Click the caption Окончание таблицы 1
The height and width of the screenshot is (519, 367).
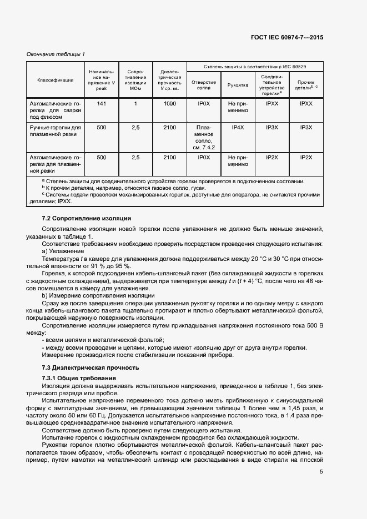[x=56, y=54]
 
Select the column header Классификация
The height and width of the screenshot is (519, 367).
[x=56, y=80]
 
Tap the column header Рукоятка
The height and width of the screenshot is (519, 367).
[x=238, y=84]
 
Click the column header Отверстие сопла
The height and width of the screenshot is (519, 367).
[x=204, y=84]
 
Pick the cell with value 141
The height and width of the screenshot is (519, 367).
[x=101, y=104]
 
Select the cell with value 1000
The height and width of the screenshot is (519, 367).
[x=169, y=104]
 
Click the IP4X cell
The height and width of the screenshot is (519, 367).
[x=238, y=128]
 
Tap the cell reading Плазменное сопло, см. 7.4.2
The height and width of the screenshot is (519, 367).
[x=204, y=138]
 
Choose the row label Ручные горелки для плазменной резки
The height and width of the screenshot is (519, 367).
[x=56, y=131]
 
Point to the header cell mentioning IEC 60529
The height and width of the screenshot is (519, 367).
[x=255, y=66]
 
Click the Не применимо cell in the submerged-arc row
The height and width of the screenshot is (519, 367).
[x=238, y=107]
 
